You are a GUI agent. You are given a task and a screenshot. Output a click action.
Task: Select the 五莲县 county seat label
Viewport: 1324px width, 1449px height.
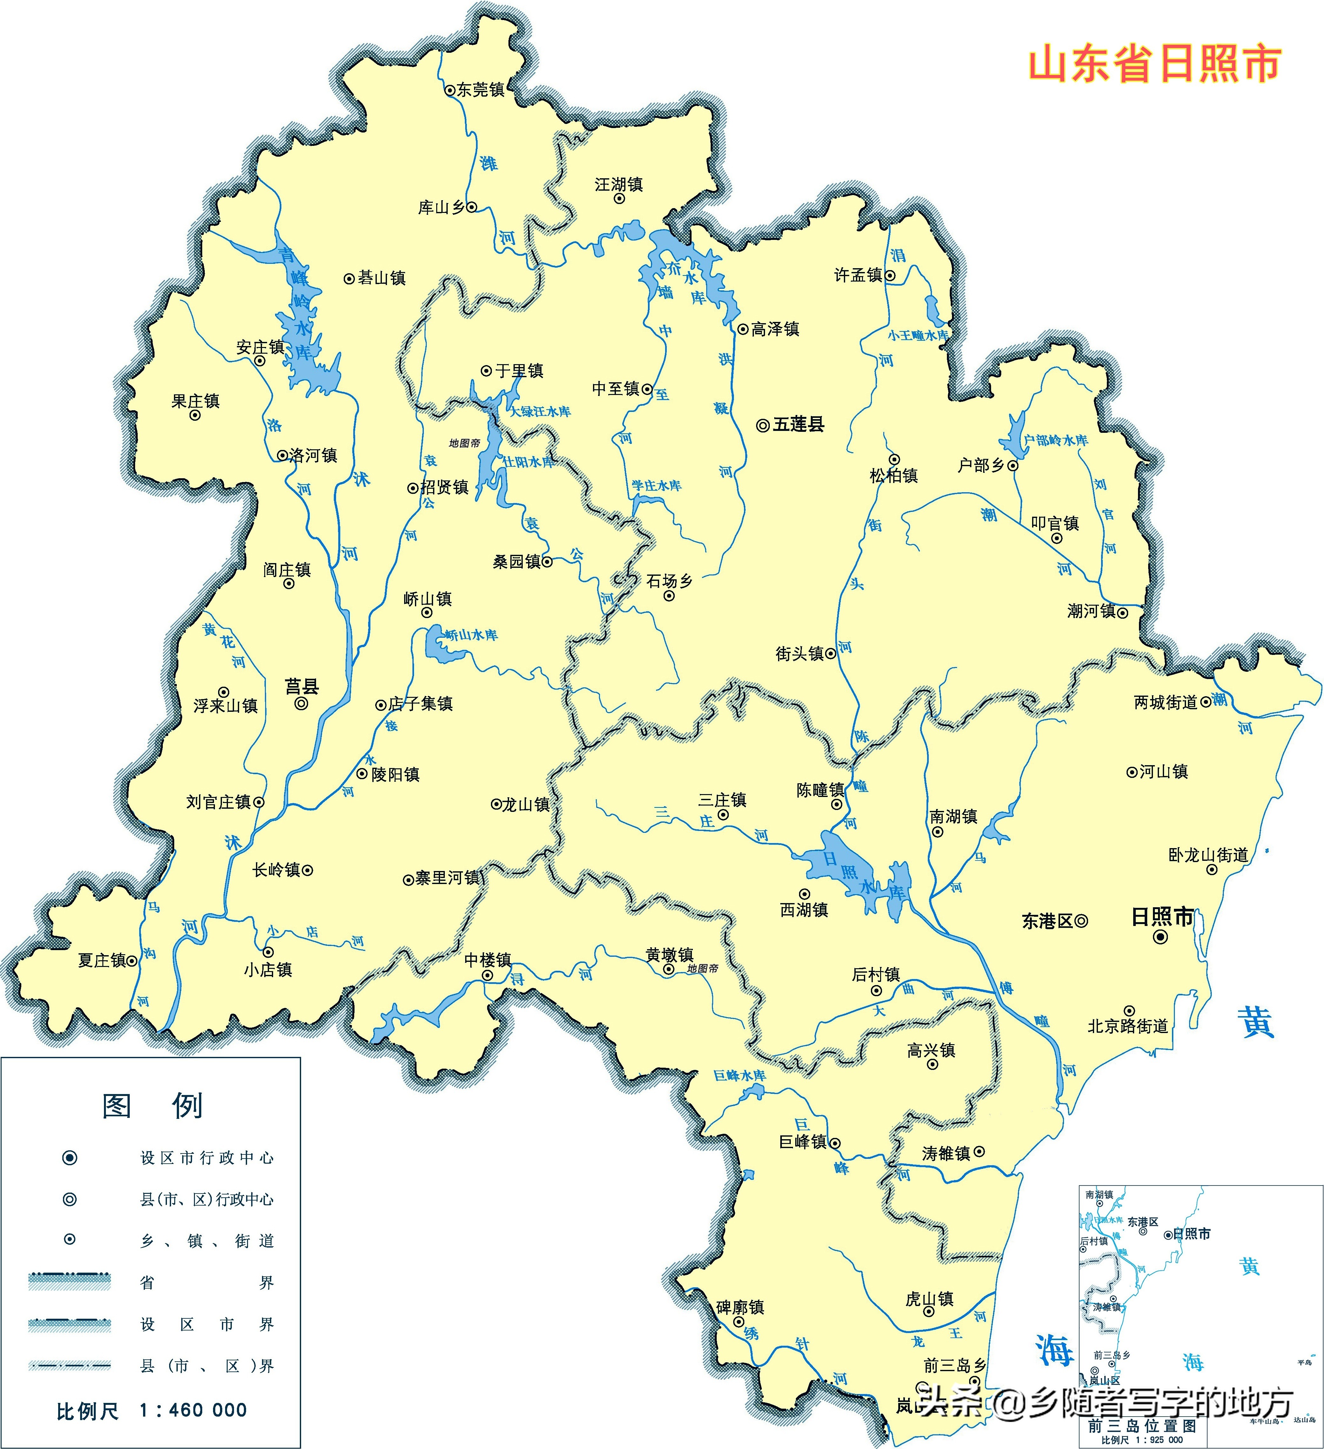798,424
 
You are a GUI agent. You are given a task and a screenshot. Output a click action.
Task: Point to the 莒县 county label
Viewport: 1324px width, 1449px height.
302,686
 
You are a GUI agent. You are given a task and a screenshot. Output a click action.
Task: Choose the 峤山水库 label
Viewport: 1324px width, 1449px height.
471,635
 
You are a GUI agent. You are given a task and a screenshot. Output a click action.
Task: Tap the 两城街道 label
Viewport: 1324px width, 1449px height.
1165,702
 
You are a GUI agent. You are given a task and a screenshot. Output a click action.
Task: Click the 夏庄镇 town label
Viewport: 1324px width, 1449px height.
102,960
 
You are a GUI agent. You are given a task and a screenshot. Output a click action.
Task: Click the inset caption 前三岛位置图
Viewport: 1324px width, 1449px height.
1142,1425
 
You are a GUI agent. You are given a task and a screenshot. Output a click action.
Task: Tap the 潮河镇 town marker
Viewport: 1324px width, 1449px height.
1122,613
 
